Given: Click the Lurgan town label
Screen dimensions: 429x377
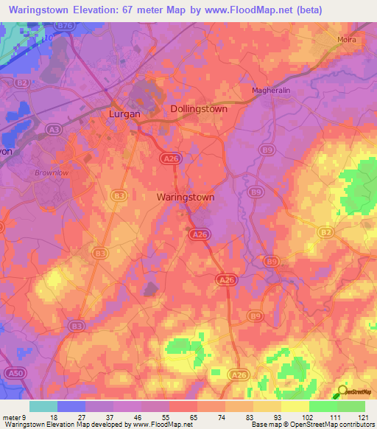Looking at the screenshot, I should point(124,114).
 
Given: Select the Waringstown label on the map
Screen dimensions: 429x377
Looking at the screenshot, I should point(186,198).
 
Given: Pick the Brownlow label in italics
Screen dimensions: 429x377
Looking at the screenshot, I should point(50,173).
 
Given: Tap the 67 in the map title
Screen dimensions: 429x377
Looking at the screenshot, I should point(141,10).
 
